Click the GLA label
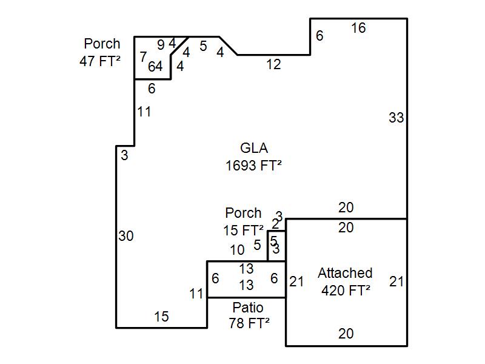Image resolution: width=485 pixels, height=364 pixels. point(254,148)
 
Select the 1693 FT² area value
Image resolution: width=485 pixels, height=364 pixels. point(254,166)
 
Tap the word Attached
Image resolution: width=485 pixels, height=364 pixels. point(345,273)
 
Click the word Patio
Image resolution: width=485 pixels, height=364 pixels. point(248,308)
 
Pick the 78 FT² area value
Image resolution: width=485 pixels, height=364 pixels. point(249,323)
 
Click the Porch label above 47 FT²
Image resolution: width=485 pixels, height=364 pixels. point(102,44)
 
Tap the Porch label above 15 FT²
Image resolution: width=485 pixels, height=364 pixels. point(243,213)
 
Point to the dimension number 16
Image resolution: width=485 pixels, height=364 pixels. point(358,28)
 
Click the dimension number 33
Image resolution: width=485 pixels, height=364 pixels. point(396,118)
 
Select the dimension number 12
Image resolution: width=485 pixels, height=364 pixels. point(273,64)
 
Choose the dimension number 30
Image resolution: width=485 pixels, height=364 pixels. point(125,237)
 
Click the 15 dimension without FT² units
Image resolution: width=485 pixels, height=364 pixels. point(161,317)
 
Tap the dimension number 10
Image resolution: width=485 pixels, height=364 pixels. point(237,250)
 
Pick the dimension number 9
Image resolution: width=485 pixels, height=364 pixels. point(161,44)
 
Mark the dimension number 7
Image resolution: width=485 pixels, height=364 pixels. point(143,57)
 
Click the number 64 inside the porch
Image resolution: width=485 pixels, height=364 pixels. point(155,67)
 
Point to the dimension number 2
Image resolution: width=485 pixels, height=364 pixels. point(275,224)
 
